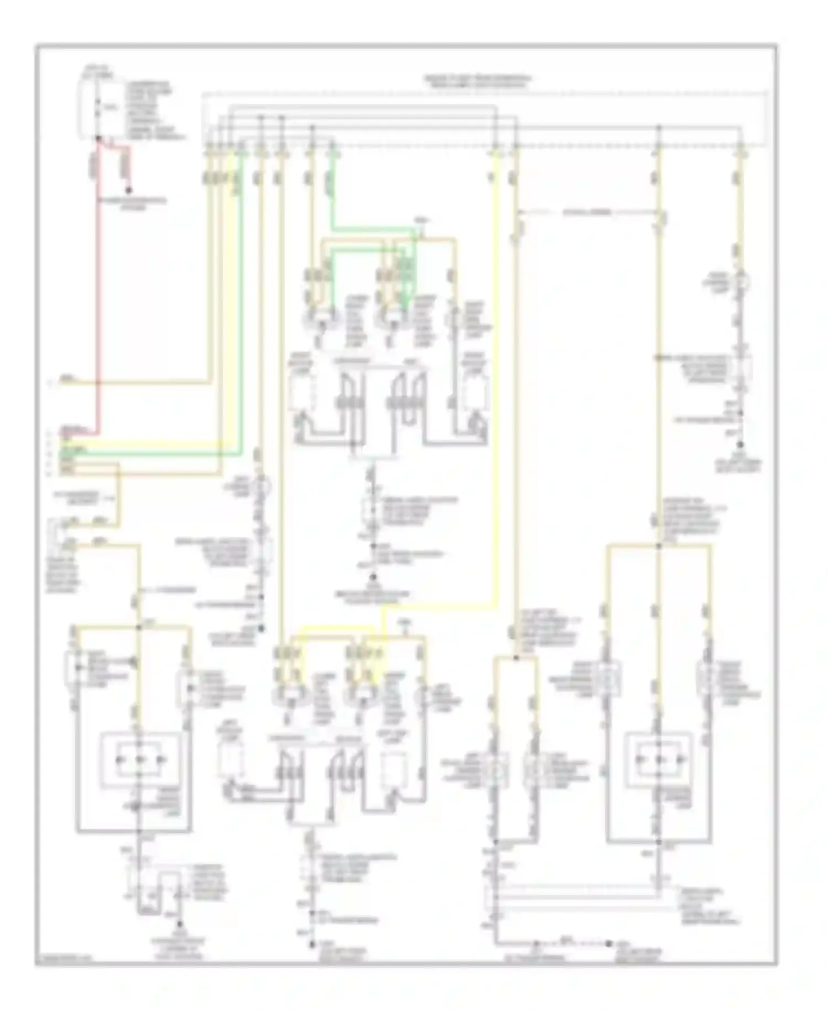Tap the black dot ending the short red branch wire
click(x=129, y=191)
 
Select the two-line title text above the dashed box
click(x=477, y=81)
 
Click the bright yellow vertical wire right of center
click(x=496, y=387)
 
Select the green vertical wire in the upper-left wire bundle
click(x=241, y=304)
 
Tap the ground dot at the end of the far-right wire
click(x=740, y=445)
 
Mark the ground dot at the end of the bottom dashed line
click(x=609, y=943)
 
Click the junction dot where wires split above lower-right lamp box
click(x=658, y=546)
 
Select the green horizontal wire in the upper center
click(x=375, y=228)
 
